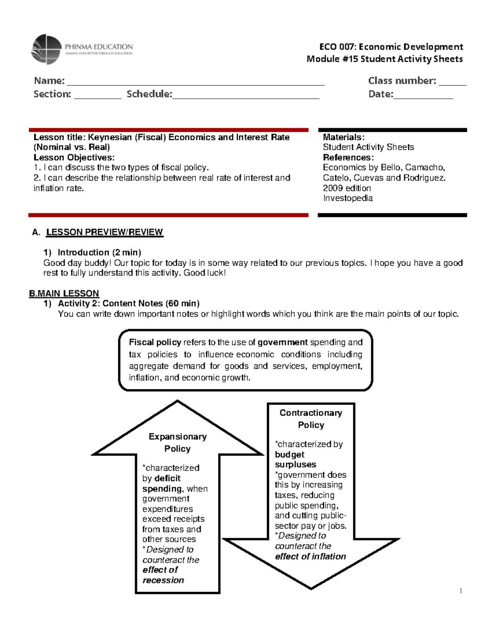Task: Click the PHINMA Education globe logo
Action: [x=46, y=50]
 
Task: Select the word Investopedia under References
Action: [x=348, y=198]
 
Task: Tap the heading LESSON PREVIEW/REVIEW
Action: [x=104, y=232]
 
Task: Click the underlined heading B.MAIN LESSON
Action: [x=64, y=293]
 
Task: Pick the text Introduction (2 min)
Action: [x=99, y=252]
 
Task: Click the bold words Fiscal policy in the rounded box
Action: [x=155, y=342]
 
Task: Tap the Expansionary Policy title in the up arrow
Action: [x=178, y=443]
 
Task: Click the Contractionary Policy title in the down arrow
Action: [x=311, y=419]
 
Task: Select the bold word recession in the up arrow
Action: [x=163, y=580]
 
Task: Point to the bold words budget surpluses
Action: [x=295, y=459]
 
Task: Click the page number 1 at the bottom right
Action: [x=461, y=591]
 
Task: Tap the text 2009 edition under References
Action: [x=347, y=188]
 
